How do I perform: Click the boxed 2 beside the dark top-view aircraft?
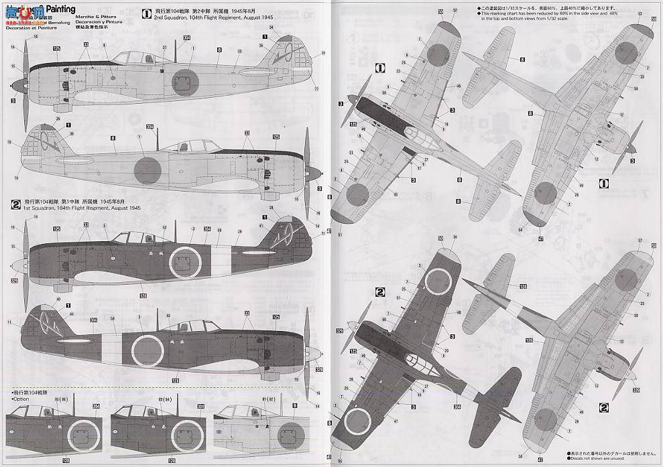(x=379, y=292)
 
